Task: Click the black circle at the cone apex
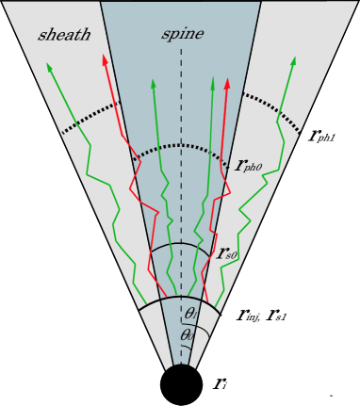click(180, 384)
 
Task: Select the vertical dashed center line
click(180, 188)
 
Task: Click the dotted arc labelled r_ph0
click(179, 145)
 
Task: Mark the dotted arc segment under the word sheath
click(90, 117)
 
